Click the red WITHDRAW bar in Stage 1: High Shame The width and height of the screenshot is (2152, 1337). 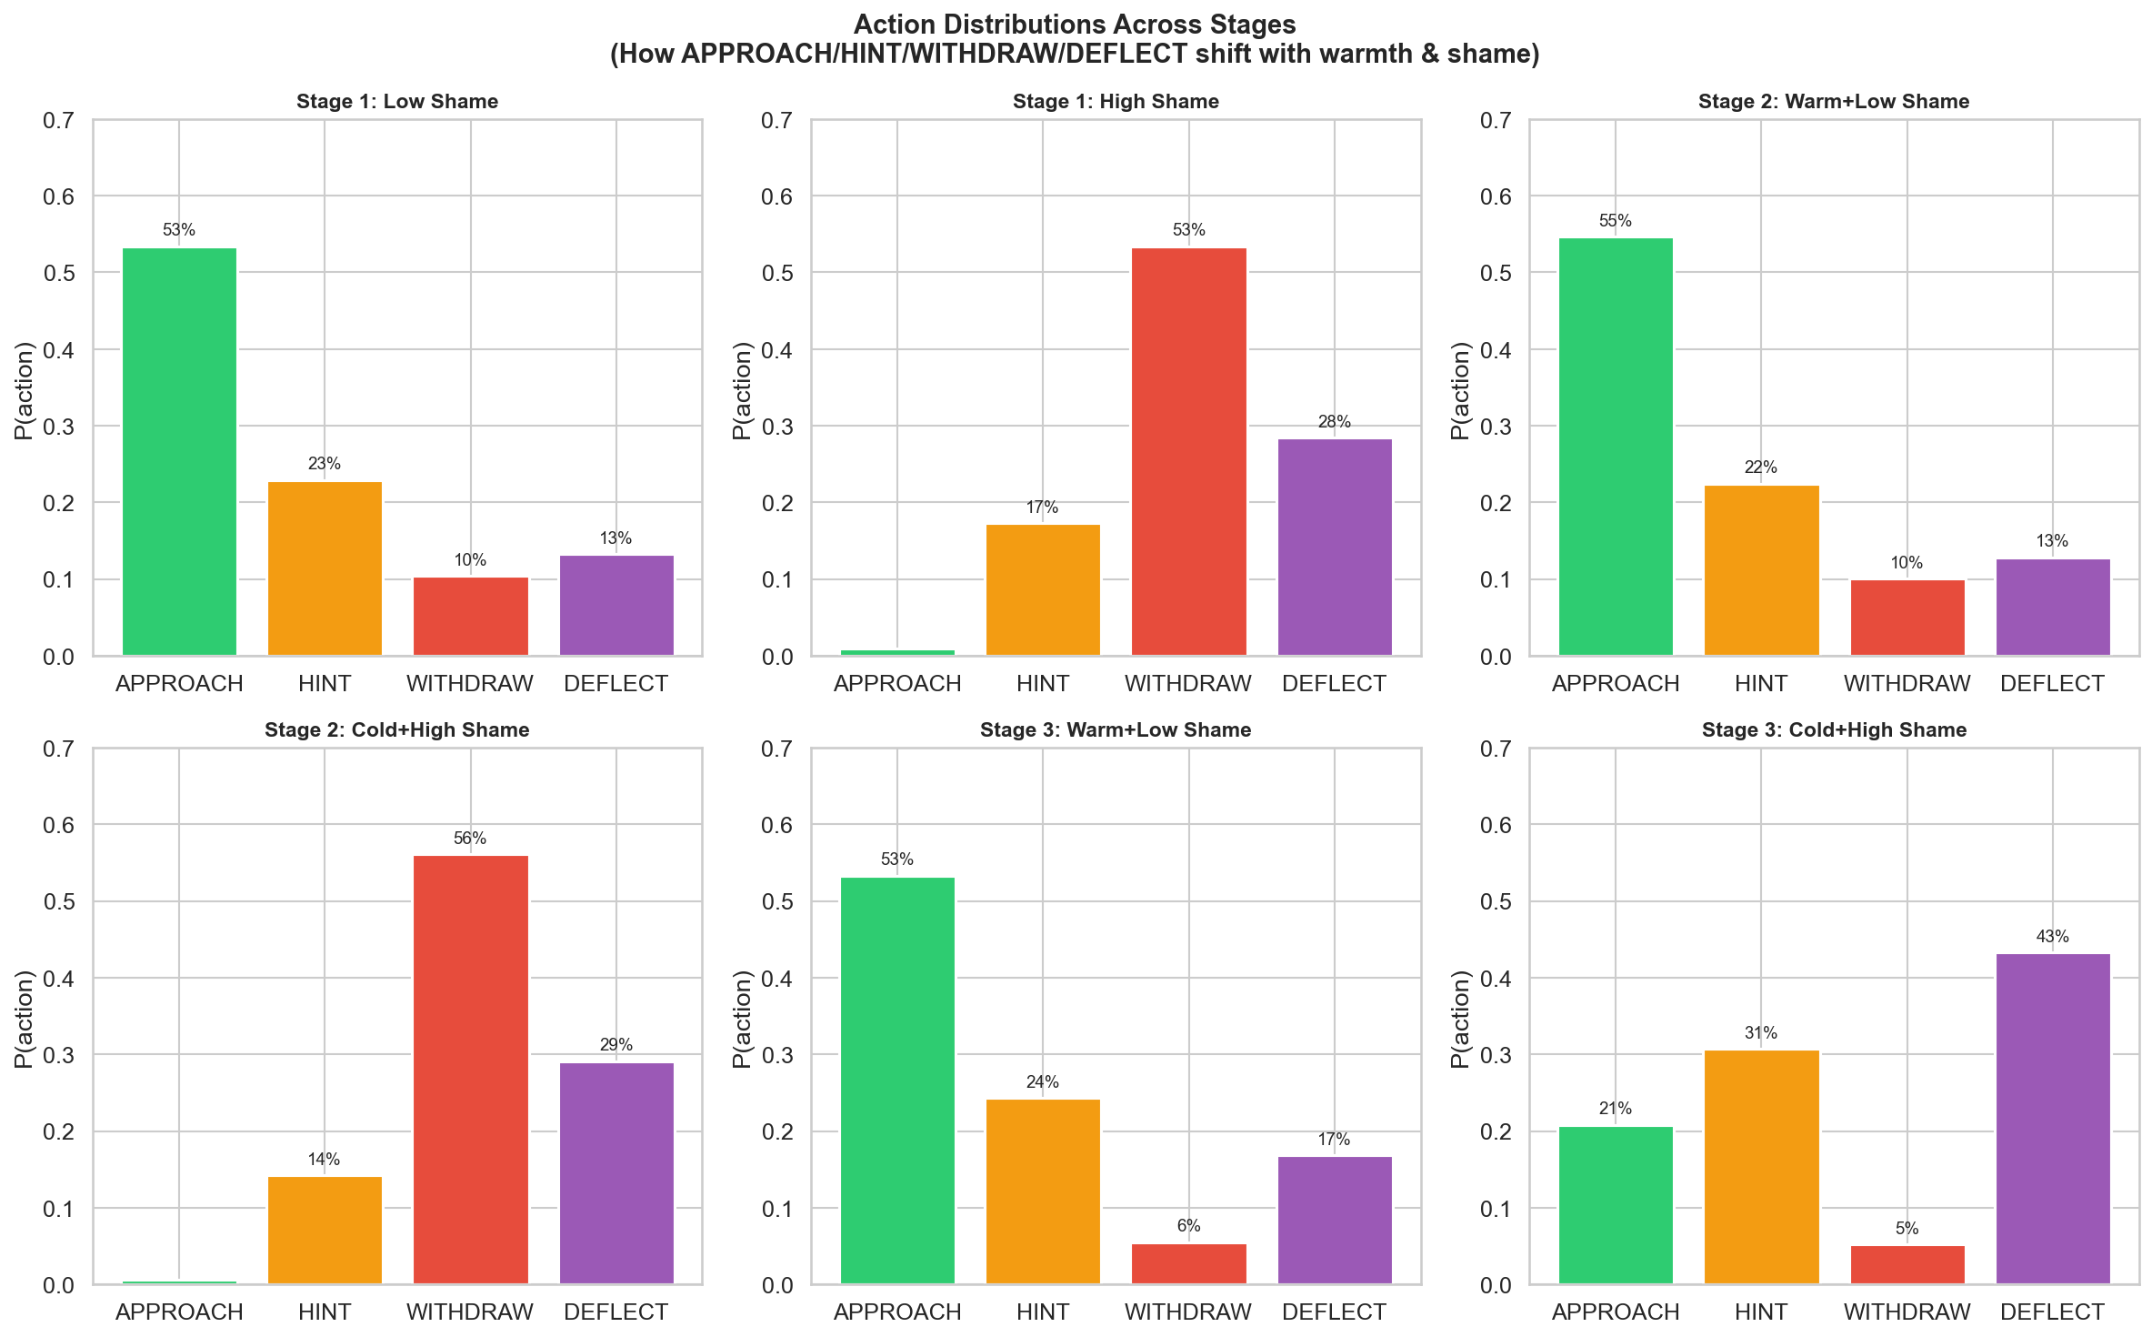pos(1188,451)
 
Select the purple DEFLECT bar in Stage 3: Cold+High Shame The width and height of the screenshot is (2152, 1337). pos(2052,1119)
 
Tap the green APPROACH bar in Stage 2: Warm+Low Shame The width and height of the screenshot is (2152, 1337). pos(1615,446)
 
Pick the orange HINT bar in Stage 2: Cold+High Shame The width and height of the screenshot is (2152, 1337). pos(325,1230)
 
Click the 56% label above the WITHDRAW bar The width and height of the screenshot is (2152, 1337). pos(470,839)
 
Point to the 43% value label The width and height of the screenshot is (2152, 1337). pos(2052,937)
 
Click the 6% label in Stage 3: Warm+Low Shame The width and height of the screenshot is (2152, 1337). pos(1188,1226)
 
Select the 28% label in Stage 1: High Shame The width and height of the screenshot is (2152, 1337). pos(1334,422)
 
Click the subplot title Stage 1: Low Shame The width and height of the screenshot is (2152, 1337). pos(397,102)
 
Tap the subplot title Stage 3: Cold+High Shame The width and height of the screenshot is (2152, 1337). pos(1834,730)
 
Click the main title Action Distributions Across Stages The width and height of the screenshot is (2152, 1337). pos(1075,25)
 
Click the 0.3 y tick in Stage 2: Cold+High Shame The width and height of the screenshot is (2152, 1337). pos(59,1055)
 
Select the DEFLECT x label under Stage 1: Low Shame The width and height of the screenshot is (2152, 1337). pos(616,684)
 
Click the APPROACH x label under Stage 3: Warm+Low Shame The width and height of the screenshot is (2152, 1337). pos(897,1312)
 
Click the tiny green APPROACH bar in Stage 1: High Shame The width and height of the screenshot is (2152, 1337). pos(897,652)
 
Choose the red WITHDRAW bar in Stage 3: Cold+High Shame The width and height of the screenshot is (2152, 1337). pos(1907,1264)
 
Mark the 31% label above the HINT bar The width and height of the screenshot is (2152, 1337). pos(1760,1033)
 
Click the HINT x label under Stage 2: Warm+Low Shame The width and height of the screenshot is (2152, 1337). pos(1760,684)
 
